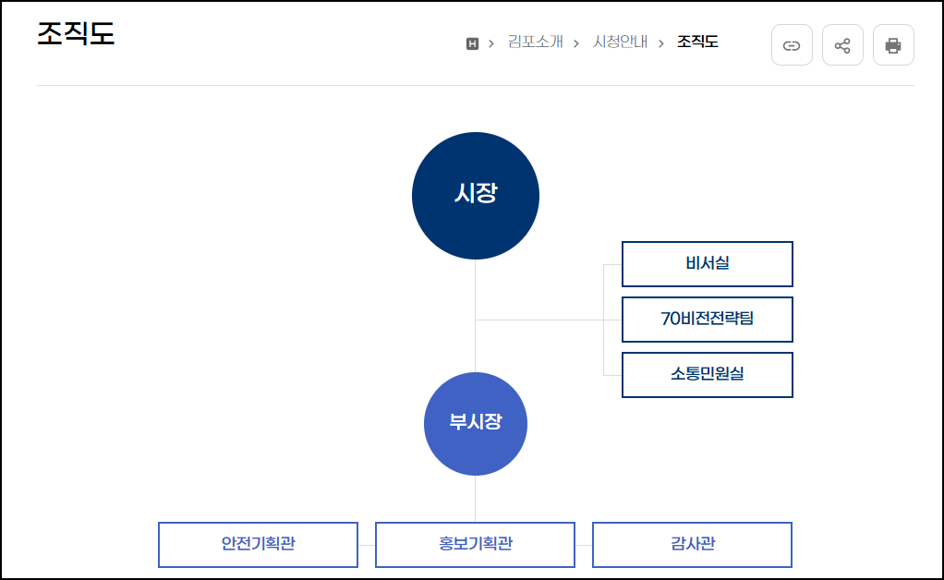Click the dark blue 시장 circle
pyautogui.click(x=476, y=195)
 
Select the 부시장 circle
pyautogui.click(x=476, y=423)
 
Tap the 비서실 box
pyautogui.click(x=707, y=264)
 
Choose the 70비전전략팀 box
pyautogui.click(x=707, y=320)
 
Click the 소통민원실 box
pyautogui.click(x=707, y=375)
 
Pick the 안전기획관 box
pyautogui.click(x=258, y=544)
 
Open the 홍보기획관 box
pyautogui.click(x=475, y=544)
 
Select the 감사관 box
pyautogui.click(x=692, y=544)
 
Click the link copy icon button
pyautogui.click(x=792, y=45)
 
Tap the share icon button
pyautogui.click(x=842, y=45)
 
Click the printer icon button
pyautogui.click(x=893, y=45)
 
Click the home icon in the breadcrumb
pyautogui.click(x=473, y=42)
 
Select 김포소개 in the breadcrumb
pyautogui.click(x=535, y=42)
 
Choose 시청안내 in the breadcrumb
pyautogui.click(x=620, y=42)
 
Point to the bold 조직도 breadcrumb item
pyautogui.click(x=697, y=42)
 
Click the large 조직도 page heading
pyautogui.click(x=76, y=34)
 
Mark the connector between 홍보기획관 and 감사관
pyautogui.click(x=583, y=545)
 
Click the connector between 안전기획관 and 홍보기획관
pyautogui.click(x=366, y=545)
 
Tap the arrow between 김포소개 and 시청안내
pyautogui.click(x=576, y=42)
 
